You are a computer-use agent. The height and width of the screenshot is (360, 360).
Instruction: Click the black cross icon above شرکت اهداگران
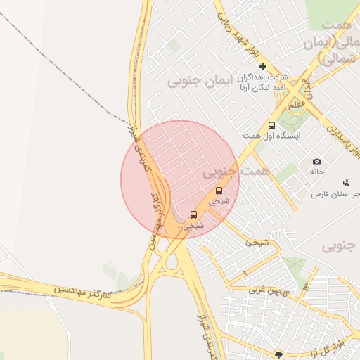pyautogui.click(x=263, y=66)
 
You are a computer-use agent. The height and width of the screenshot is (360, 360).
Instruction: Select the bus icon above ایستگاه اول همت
pyautogui.click(x=271, y=125)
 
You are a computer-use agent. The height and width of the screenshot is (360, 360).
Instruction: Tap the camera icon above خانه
pyautogui.click(x=316, y=161)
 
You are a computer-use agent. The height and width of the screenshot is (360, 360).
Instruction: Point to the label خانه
pyautogui.click(x=316, y=171)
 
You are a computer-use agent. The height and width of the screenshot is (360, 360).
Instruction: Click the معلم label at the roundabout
pyautogui.click(x=297, y=104)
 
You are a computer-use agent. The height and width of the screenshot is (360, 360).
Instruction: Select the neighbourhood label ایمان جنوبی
pyautogui.click(x=195, y=82)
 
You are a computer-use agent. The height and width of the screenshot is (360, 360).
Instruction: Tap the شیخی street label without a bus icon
pyautogui.click(x=257, y=242)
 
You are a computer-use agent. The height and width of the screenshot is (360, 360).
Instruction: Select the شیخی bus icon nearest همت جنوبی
pyautogui.click(x=218, y=190)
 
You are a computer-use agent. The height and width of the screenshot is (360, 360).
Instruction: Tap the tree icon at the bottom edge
pyautogui.click(x=279, y=355)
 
